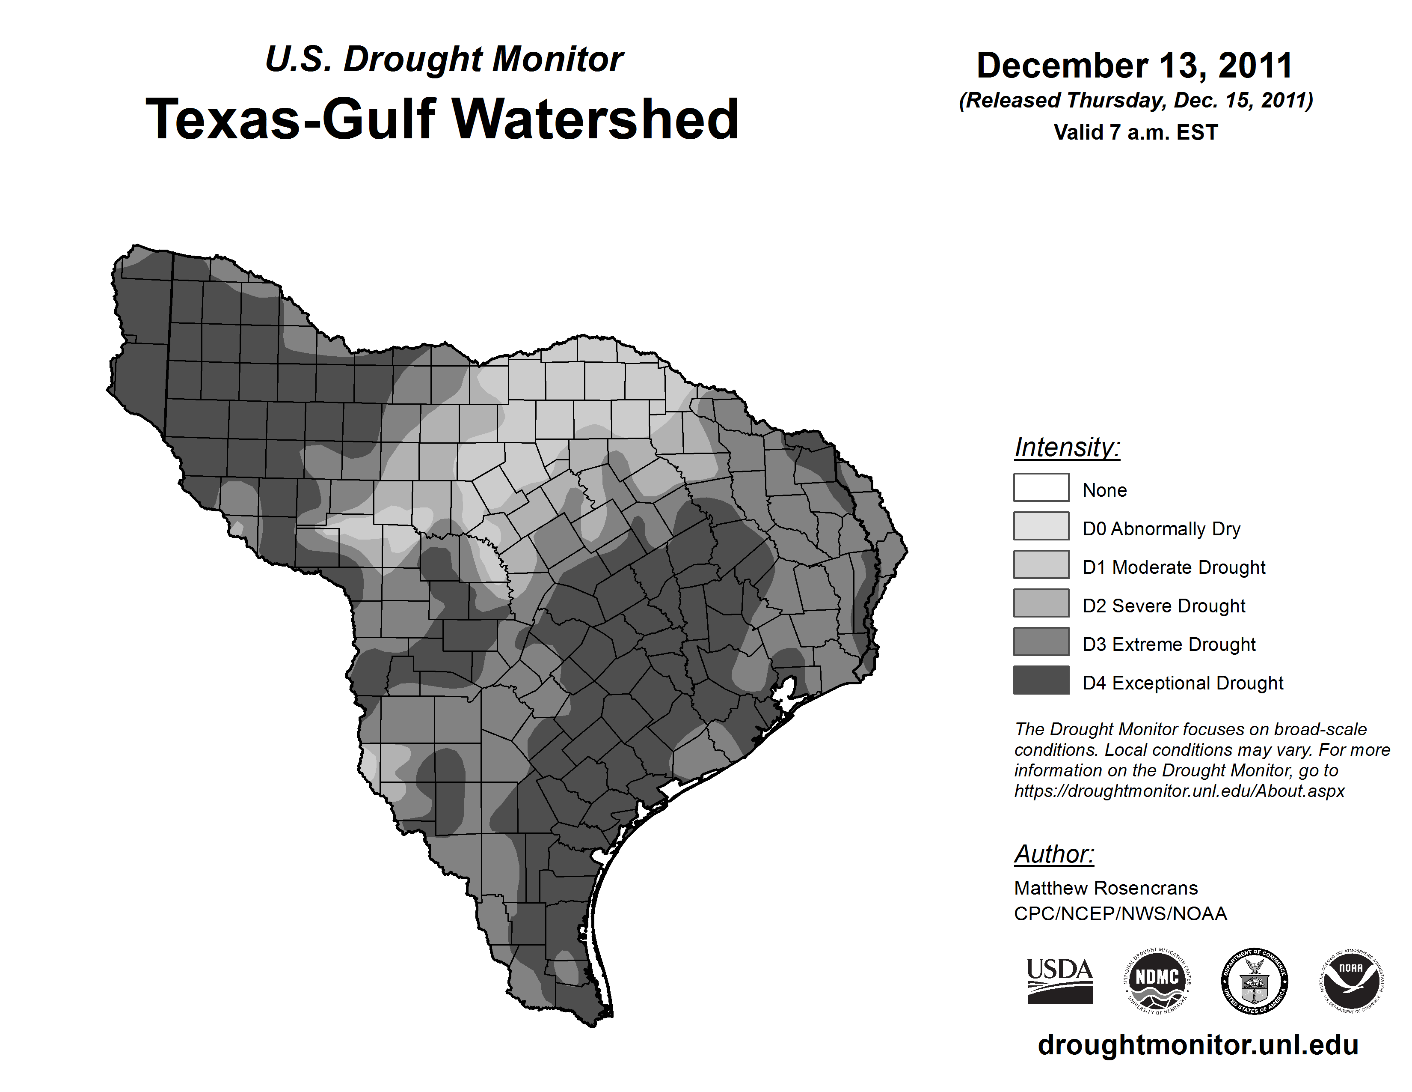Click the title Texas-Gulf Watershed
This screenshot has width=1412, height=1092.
tap(442, 119)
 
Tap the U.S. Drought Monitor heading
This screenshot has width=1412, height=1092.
tap(444, 60)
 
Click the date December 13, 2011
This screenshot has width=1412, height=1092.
tap(1135, 66)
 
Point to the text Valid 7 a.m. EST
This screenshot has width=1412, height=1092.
tap(1135, 133)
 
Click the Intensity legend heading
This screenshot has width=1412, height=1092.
tap(1067, 447)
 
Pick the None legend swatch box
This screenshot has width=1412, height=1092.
tap(1041, 487)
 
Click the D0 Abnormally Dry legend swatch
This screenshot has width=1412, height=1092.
tap(1041, 526)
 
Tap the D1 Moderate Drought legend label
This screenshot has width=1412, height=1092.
tap(1173, 567)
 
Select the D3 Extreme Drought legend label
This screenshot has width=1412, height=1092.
tap(1169, 644)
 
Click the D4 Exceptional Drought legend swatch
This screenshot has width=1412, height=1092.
tap(1041, 680)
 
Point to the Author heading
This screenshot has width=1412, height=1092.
tap(1054, 854)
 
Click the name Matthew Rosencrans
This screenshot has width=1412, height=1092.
tap(1106, 888)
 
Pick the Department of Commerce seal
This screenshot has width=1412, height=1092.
tap(1254, 981)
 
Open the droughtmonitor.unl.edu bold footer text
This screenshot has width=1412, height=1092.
tap(1198, 1045)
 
